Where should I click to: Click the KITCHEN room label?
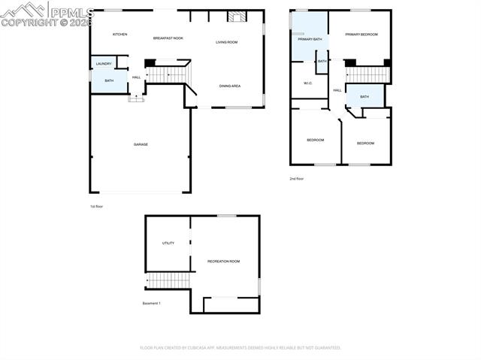(x=120, y=35)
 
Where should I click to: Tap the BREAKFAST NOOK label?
(x=168, y=38)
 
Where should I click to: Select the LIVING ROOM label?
(x=226, y=42)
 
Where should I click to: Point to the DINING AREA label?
(x=230, y=86)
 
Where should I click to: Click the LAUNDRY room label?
(x=104, y=64)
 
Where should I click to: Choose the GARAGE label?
(x=141, y=144)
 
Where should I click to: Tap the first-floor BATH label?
(x=109, y=80)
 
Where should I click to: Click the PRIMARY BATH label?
(x=310, y=38)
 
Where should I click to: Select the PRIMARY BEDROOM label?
(x=362, y=35)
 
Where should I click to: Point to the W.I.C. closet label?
(x=307, y=83)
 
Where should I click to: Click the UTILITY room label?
(x=168, y=244)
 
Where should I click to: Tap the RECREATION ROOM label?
(x=223, y=261)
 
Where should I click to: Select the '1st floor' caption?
(x=97, y=206)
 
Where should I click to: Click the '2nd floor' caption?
(x=297, y=179)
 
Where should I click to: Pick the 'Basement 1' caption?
(x=151, y=304)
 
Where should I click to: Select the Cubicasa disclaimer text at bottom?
(x=240, y=348)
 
